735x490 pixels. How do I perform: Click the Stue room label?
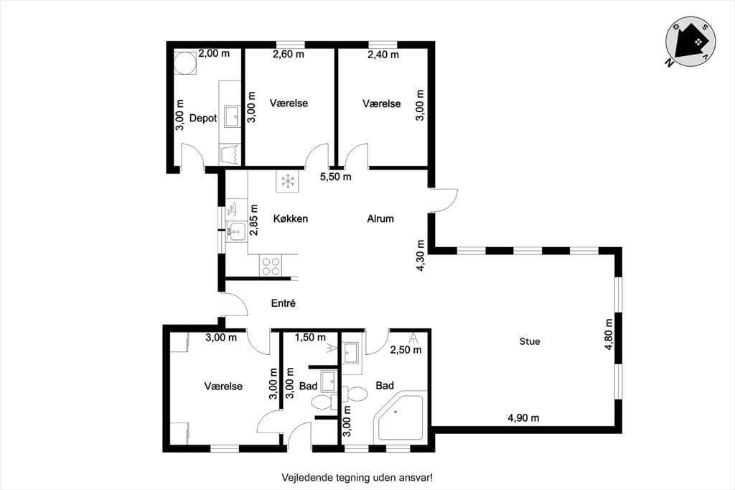click(530, 341)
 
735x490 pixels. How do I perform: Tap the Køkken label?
click(291, 218)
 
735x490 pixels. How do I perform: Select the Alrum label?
click(380, 218)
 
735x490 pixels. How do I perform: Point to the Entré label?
click(283, 303)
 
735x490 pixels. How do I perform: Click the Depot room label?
click(203, 118)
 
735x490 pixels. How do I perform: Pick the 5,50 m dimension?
click(336, 177)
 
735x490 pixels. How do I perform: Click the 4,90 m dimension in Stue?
click(523, 417)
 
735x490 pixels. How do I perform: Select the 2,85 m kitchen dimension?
click(254, 220)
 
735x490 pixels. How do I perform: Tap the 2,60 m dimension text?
click(289, 54)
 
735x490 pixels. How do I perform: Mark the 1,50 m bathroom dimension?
click(310, 337)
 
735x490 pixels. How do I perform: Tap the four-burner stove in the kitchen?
click(271, 266)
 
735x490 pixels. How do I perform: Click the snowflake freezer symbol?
click(286, 181)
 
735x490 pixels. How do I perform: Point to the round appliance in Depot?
click(184, 63)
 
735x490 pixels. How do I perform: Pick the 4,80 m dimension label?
click(609, 334)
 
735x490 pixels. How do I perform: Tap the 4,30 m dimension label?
click(421, 255)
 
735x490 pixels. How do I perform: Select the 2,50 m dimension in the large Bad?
click(406, 350)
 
